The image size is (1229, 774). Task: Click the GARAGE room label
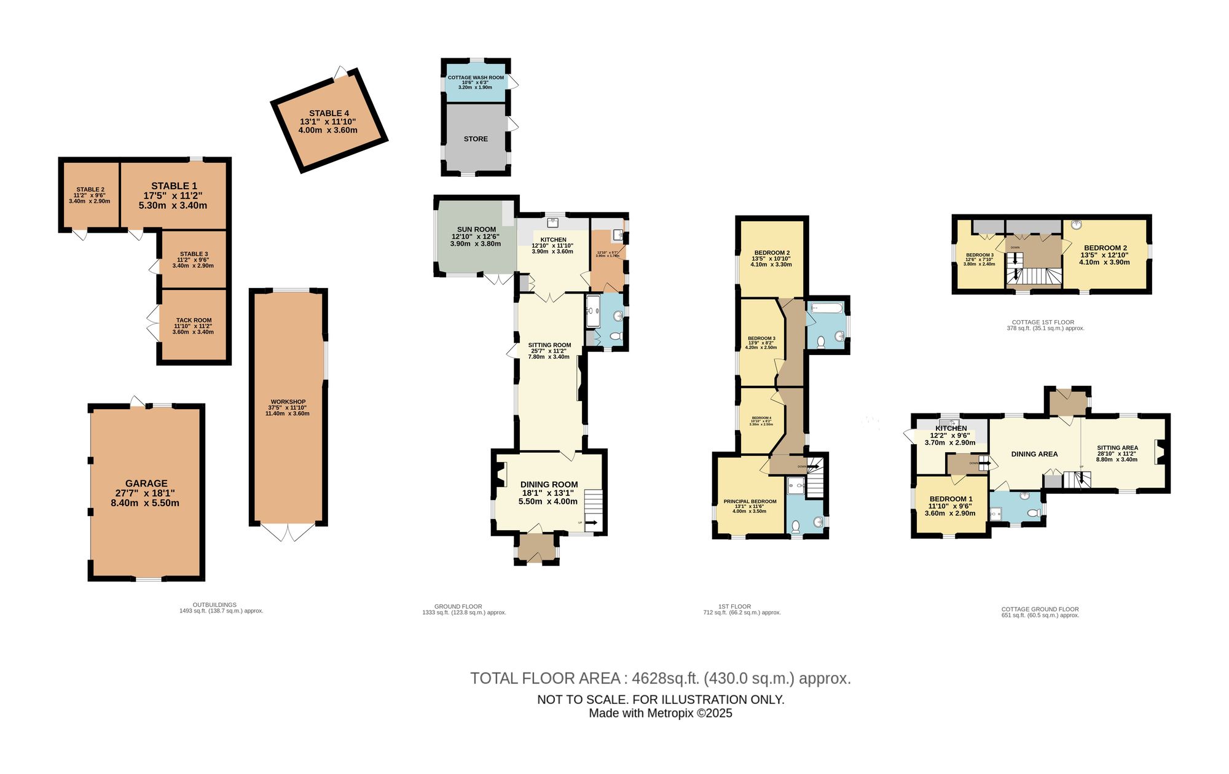pyautogui.click(x=146, y=483)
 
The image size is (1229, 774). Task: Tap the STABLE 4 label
pyautogui.click(x=329, y=114)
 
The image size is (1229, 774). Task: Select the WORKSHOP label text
pyautogui.click(x=287, y=402)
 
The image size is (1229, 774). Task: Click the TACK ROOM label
pyautogui.click(x=194, y=320)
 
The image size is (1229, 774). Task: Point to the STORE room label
pyautogui.click(x=476, y=139)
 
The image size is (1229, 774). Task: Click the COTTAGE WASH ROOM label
pyautogui.click(x=476, y=78)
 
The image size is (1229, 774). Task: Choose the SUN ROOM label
pyautogui.click(x=476, y=229)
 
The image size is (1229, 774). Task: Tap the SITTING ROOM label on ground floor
pyautogui.click(x=549, y=345)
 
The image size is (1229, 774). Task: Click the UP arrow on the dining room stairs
pyautogui.click(x=592, y=523)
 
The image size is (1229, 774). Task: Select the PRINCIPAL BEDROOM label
pyautogui.click(x=750, y=501)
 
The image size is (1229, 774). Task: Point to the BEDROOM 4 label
pyautogui.click(x=761, y=418)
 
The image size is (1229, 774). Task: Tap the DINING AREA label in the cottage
pyautogui.click(x=1034, y=454)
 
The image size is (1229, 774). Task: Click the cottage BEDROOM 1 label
pyautogui.click(x=951, y=499)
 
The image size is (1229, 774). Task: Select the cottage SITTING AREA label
pyautogui.click(x=1117, y=448)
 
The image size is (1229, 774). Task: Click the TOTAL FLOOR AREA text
pyautogui.click(x=661, y=678)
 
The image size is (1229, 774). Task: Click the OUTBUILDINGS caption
pyautogui.click(x=214, y=604)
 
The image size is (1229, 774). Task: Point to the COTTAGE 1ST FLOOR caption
pyautogui.click(x=1043, y=322)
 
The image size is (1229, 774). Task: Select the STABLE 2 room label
pyautogui.click(x=90, y=190)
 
